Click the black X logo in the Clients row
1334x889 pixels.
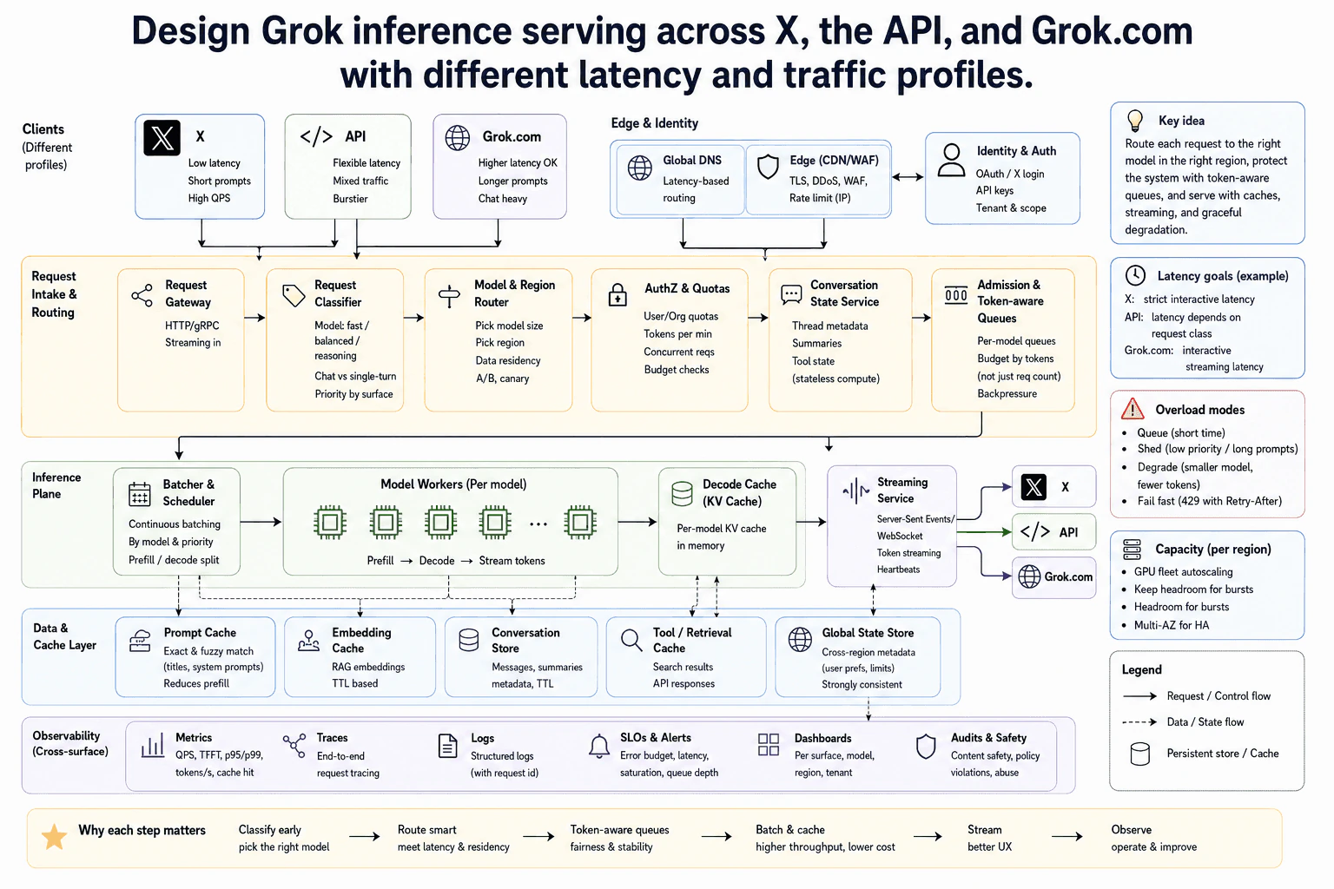pyautogui.click(x=162, y=137)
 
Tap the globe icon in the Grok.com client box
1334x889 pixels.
pyautogui.click(x=458, y=137)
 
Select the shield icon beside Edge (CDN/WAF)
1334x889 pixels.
pyautogui.click(x=768, y=167)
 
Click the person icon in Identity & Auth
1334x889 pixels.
pyautogui.click(x=951, y=160)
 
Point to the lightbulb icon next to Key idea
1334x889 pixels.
pyautogui.click(x=1135, y=121)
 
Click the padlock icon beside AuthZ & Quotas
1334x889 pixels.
pyautogui.click(x=617, y=294)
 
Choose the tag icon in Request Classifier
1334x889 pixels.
pyautogui.click(x=293, y=295)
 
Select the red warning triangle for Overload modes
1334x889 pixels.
pyautogui.click(x=1133, y=409)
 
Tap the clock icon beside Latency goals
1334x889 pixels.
pyautogui.click(x=1135, y=275)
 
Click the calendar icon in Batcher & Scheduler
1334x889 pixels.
pyautogui.click(x=139, y=494)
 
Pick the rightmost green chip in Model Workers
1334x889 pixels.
pyautogui.click(x=580, y=523)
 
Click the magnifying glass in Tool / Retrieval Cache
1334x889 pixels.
pyautogui.click(x=631, y=640)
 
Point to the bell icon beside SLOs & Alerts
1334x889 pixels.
pyautogui.click(x=599, y=746)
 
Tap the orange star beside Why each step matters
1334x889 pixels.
pyautogui.click(x=54, y=837)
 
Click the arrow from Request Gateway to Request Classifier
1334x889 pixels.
pyautogui.click(x=254, y=318)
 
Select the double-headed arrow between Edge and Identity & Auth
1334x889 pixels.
pyautogui.click(x=908, y=177)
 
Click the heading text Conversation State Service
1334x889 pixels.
pyautogui.click(x=844, y=293)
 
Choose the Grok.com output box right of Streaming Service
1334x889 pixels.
pyautogui.click(x=1053, y=576)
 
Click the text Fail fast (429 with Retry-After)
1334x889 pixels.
pyautogui.click(x=1209, y=501)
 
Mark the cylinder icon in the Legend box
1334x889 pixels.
pyautogui.click(x=1139, y=754)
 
